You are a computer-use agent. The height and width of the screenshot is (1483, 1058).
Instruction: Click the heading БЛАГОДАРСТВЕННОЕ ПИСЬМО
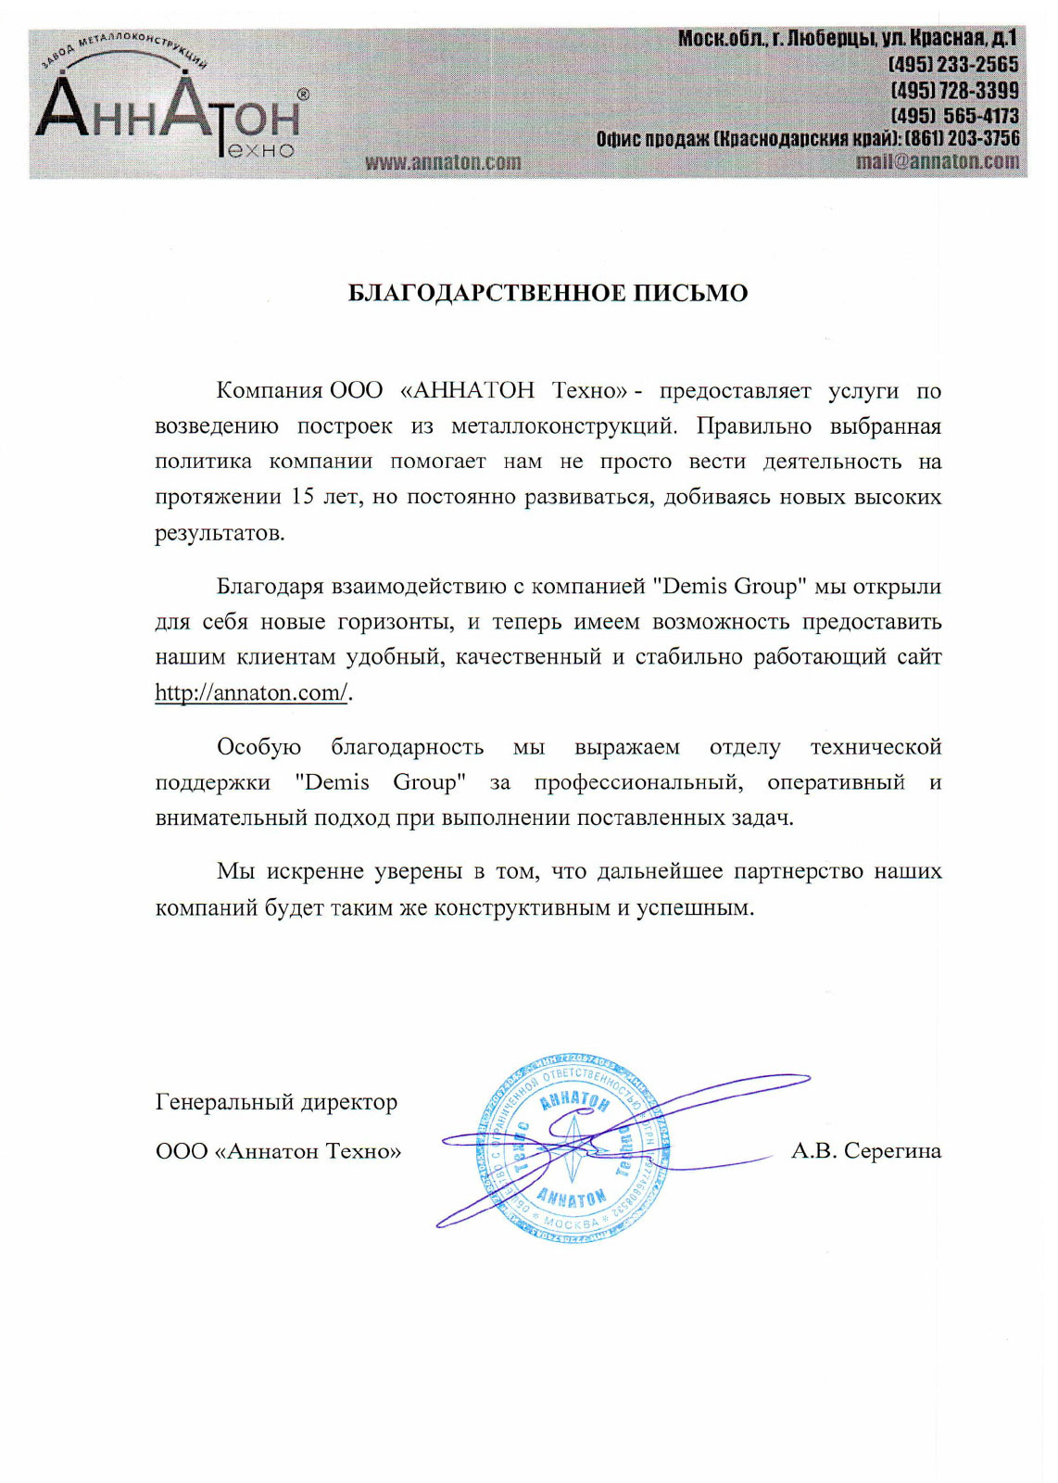[x=548, y=293]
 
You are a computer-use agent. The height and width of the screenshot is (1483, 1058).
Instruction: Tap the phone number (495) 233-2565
[x=953, y=65]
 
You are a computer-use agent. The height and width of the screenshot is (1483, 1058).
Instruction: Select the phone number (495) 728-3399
[x=954, y=91]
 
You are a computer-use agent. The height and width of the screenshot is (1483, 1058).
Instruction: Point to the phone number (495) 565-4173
[x=954, y=116]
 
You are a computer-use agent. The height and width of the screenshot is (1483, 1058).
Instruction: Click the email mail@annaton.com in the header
[x=938, y=161]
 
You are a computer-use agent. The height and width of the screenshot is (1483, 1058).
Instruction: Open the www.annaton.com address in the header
[x=443, y=162]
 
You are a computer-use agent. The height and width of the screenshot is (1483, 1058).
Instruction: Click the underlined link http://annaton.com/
[x=251, y=692]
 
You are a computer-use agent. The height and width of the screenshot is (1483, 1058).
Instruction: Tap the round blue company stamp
[x=572, y=1148]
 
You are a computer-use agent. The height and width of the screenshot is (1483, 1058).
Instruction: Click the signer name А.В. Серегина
[x=865, y=1151]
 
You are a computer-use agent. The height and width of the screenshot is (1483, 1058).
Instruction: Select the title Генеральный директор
[x=276, y=1102]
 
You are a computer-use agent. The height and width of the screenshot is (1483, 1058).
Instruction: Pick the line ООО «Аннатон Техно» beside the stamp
[x=278, y=1151]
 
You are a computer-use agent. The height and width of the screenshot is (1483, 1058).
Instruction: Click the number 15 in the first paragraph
[x=303, y=497]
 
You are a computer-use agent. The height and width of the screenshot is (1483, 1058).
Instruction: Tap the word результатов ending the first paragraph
[x=220, y=533]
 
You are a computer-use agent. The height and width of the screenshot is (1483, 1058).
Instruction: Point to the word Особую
[x=258, y=747]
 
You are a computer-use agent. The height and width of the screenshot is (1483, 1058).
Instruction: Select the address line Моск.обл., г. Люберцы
[x=847, y=39]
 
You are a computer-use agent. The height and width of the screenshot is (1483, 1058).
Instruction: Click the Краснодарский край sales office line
[x=807, y=139]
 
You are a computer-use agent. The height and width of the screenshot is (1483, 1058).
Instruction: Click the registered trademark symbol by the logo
[x=302, y=95]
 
